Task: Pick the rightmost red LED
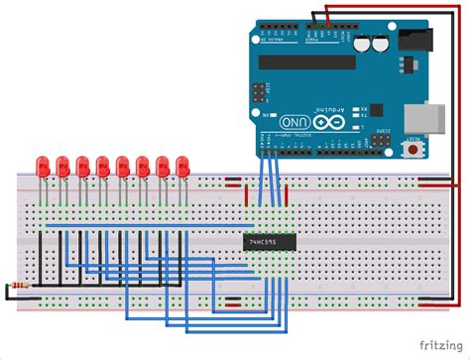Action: (181, 165)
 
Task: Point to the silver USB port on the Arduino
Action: (407, 112)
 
